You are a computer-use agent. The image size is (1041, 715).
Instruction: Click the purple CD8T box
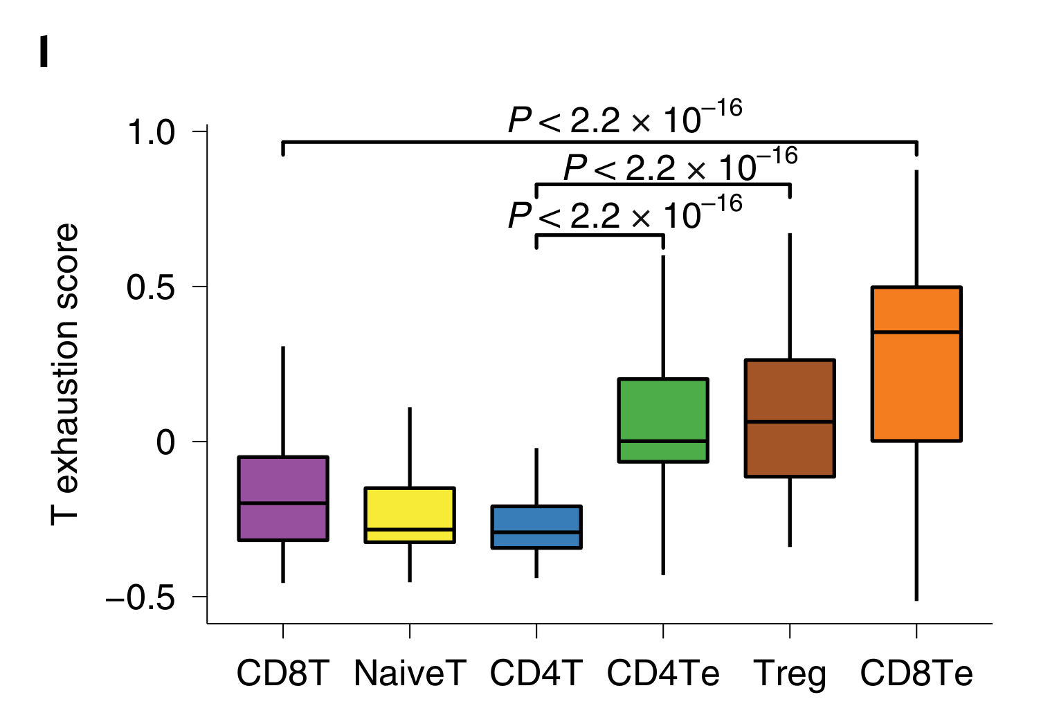pyautogui.click(x=282, y=498)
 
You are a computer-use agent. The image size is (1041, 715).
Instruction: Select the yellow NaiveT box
pyautogui.click(x=410, y=515)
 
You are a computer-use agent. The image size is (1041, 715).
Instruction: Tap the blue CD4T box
pyautogui.click(x=536, y=527)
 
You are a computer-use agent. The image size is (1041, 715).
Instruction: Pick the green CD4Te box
pyautogui.click(x=663, y=419)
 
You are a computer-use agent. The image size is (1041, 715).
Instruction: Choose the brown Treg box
pyautogui.click(x=790, y=418)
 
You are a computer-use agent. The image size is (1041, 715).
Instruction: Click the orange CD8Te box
pyautogui.click(x=916, y=363)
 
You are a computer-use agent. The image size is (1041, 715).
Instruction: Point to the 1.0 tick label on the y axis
pyautogui.click(x=152, y=132)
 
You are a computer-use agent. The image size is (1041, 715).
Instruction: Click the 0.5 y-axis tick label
pyautogui.click(x=152, y=287)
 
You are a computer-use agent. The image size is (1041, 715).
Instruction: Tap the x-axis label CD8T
pyautogui.click(x=282, y=673)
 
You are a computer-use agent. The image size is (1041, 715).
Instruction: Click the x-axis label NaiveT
pyautogui.click(x=410, y=673)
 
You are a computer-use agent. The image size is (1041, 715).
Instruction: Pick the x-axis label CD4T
pyautogui.click(x=536, y=673)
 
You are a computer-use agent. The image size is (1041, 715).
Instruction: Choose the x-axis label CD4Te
pyautogui.click(x=663, y=673)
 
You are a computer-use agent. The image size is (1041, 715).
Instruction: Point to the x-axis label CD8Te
pyautogui.click(x=916, y=673)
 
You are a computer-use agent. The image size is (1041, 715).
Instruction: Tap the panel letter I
pyautogui.click(x=44, y=53)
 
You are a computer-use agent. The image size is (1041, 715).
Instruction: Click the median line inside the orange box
pyautogui.click(x=916, y=332)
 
